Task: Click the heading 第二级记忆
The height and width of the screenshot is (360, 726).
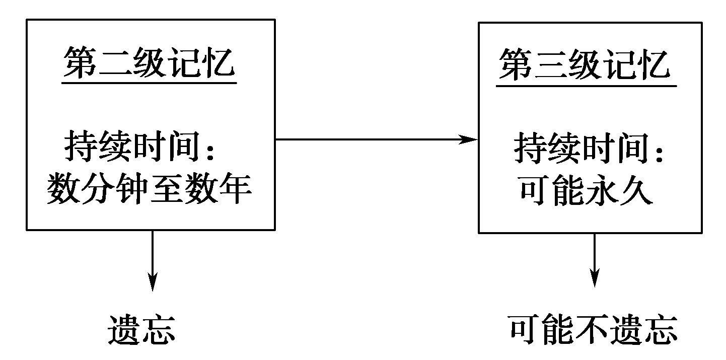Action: pyautogui.click(x=150, y=64)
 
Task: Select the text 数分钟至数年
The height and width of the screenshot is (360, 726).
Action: pyautogui.click(x=150, y=191)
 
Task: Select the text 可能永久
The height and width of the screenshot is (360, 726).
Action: pyautogui.click(x=585, y=191)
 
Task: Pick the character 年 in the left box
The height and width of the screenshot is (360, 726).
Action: pyautogui.click(x=235, y=191)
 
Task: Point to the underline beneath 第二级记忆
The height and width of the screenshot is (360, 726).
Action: pyautogui.click(x=150, y=82)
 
